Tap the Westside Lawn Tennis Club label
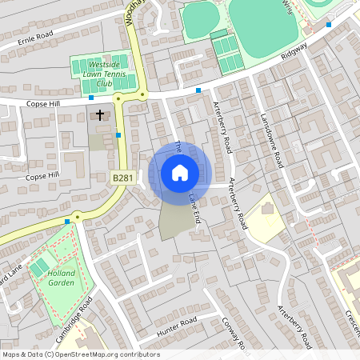click(x=99, y=74)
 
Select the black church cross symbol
click(x=100, y=114)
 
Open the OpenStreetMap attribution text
click(x=81, y=354)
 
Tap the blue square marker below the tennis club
click(x=91, y=98)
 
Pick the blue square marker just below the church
click(x=118, y=135)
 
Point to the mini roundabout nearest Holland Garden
click(x=78, y=216)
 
